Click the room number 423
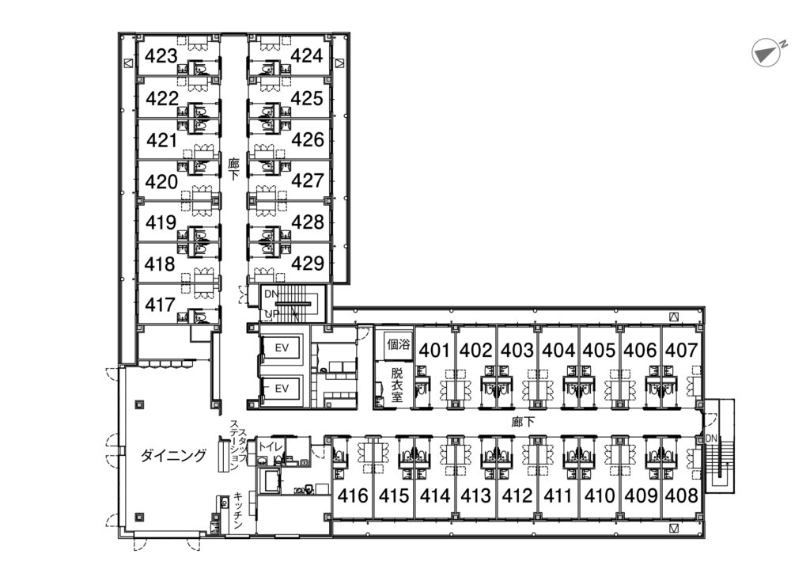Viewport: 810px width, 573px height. [x=161, y=56]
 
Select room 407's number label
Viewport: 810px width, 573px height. [x=681, y=351]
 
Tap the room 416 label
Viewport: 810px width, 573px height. [x=353, y=496]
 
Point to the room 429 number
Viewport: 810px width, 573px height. [x=308, y=263]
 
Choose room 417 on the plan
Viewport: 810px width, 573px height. [x=160, y=305]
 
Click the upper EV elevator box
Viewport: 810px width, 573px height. [x=282, y=347]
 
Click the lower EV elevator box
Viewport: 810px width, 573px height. [x=282, y=388]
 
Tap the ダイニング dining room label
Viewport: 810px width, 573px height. [x=173, y=455]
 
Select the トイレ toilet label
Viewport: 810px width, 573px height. [x=271, y=446]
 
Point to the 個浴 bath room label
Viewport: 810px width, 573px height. [x=399, y=343]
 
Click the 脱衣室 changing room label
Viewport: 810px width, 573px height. [x=397, y=385]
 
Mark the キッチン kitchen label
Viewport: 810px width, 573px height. [x=238, y=510]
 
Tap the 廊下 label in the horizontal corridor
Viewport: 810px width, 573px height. [x=524, y=422]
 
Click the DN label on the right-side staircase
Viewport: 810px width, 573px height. [x=711, y=438]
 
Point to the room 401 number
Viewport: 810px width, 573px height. [x=434, y=351]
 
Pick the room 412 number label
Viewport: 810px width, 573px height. [x=517, y=496]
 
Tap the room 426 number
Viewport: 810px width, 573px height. [x=308, y=139]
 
